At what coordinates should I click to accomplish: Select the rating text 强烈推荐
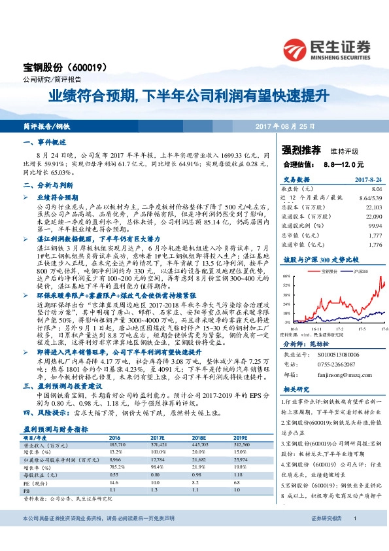click(299, 149)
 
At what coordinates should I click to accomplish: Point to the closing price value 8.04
click(375, 187)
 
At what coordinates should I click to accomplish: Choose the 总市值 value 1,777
click(374, 235)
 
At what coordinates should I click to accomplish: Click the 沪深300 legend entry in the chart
click(356, 270)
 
